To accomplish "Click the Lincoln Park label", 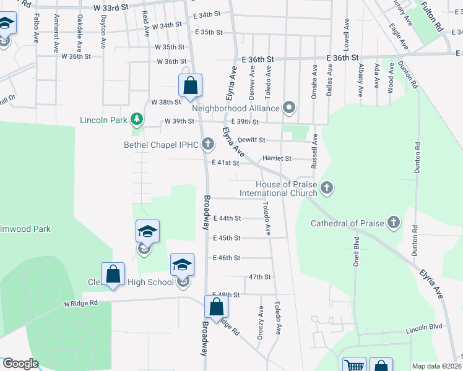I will [103, 119].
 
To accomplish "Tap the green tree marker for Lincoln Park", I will [137, 119].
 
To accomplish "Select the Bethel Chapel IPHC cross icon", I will [208, 145].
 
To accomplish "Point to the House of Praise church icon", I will [327, 187].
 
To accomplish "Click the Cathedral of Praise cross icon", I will [394, 223].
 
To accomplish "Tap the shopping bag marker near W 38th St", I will [191, 85].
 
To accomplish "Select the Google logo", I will [20, 364].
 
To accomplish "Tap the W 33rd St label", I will [111, 7].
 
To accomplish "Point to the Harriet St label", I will [277, 159].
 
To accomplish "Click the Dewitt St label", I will [251, 140].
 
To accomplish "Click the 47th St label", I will [260, 278].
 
